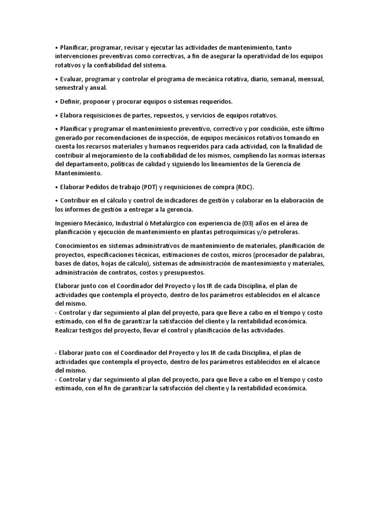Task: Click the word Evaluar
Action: (72, 79)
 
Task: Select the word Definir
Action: (71, 101)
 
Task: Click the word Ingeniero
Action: (71, 223)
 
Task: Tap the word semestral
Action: (69, 87)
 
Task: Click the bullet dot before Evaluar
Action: (57, 79)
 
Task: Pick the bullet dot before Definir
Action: (57, 101)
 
